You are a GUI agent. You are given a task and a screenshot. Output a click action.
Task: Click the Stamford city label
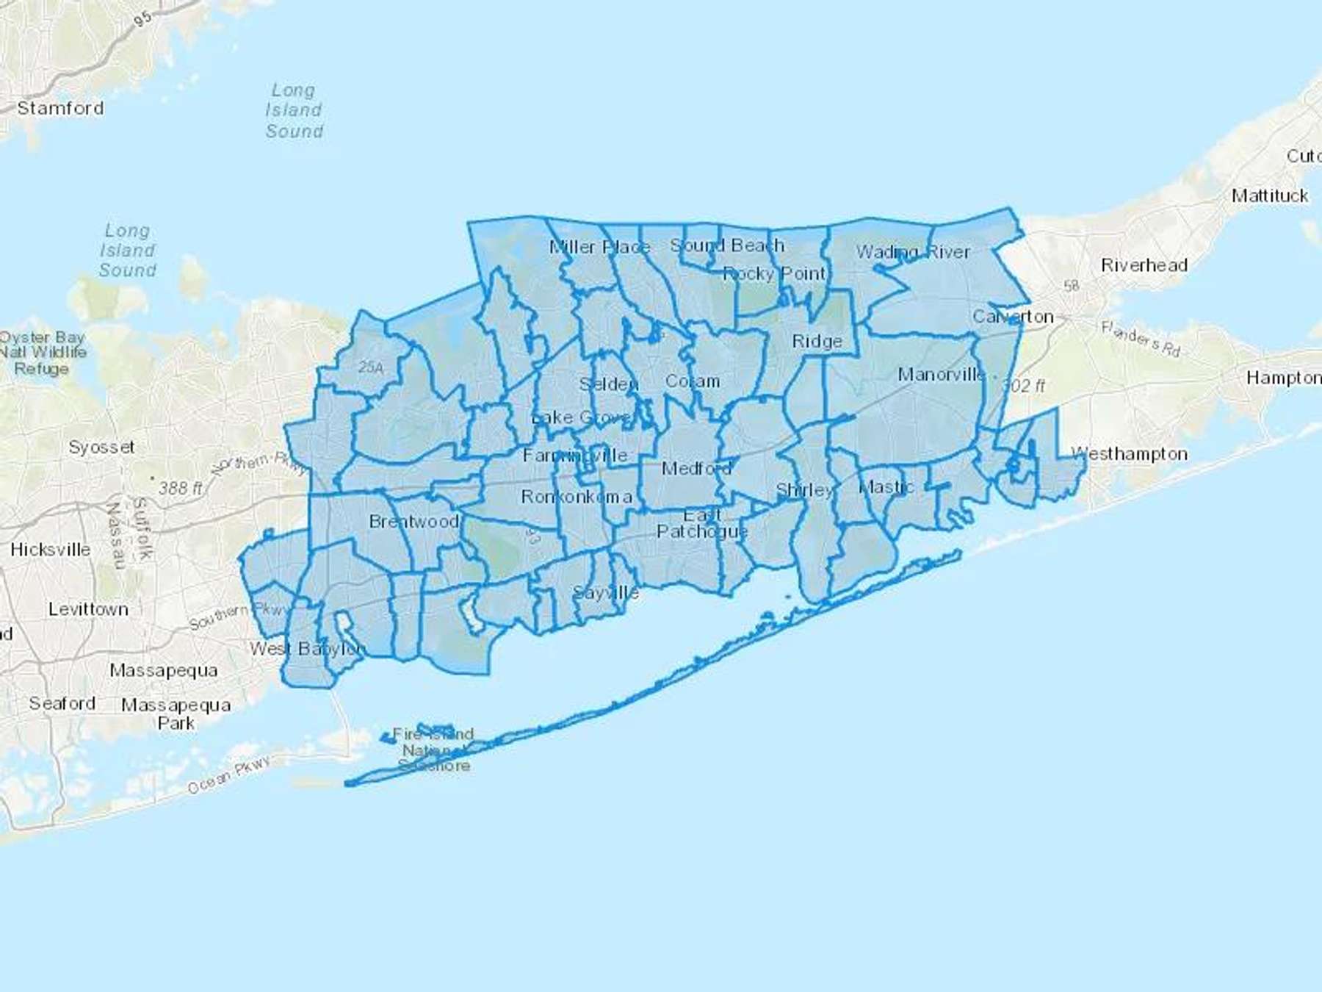click(x=60, y=108)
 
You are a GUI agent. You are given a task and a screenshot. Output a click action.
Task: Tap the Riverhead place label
click(x=1144, y=265)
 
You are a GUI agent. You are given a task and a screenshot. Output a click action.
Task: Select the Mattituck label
click(x=1270, y=195)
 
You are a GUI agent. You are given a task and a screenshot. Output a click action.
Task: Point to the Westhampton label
click(x=1130, y=453)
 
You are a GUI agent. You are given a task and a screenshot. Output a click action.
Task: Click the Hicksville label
click(x=51, y=550)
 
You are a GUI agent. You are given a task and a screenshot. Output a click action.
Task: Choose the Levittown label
click(x=88, y=609)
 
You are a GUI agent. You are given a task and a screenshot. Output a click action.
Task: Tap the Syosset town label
click(x=101, y=447)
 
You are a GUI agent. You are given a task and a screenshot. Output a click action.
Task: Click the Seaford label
click(x=62, y=703)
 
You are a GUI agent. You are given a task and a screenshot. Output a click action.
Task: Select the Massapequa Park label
click(x=176, y=714)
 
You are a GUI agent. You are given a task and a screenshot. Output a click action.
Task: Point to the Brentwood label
click(x=413, y=521)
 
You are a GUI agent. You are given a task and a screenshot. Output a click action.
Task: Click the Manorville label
click(x=941, y=375)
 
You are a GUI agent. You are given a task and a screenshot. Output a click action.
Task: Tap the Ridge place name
click(x=817, y=341)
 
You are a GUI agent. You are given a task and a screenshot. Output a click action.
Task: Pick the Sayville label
click(x=606, y=592)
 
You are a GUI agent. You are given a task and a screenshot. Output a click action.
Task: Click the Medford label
click(x=696, y=468)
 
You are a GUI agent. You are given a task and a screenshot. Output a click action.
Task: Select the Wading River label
click(x=913, y=252)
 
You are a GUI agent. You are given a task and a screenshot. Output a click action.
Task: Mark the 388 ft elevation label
click(x=181, y=487)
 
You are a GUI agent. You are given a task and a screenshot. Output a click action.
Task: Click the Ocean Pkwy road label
click(x=228, y=775)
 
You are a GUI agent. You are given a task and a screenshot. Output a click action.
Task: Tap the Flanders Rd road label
click(x=1141, y=339)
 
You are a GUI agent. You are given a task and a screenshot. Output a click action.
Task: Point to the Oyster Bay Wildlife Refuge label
click(x=43, y=353)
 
